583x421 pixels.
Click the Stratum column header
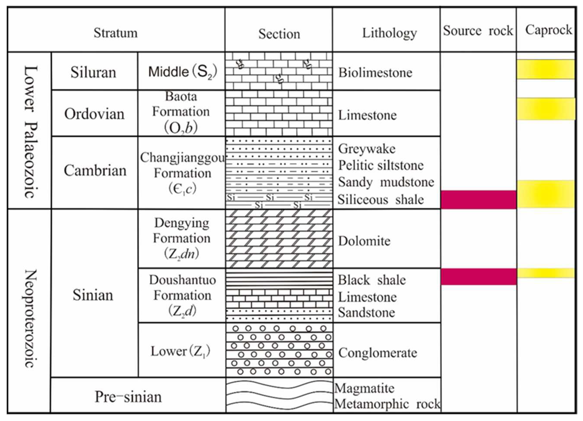coord(116,33)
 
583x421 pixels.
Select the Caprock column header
coord(548,30)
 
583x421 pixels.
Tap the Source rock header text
coord(478,31)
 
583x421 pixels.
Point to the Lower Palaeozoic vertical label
coord(31,131)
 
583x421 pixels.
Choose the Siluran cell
coord(93,72)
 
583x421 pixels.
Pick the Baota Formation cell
coord(181,112)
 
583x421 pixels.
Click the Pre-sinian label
coord(128,397)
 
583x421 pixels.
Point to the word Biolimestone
coord(375,73)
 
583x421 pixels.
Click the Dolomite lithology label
coord(364,241)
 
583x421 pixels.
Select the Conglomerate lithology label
coord(377,353)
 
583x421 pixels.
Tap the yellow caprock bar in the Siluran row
coord(545,69)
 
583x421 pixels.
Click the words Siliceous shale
coord(380,200)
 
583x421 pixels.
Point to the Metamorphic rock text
coord(387,404)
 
